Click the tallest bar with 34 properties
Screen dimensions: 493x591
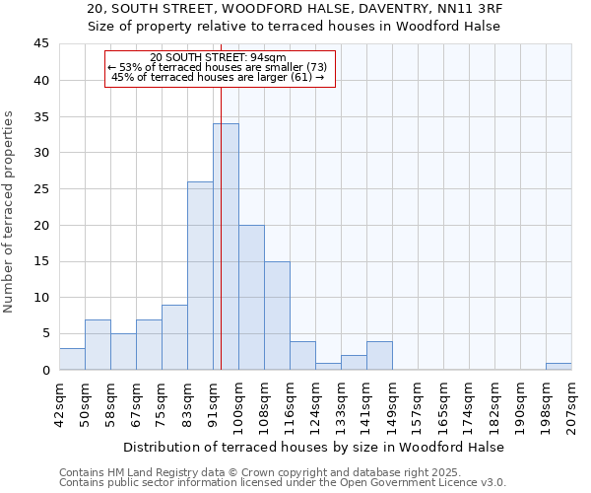coord(226,246)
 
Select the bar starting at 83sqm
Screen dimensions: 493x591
coord(200,276)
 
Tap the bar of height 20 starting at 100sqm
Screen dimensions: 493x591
coord(251,297)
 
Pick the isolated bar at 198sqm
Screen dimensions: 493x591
coord(558,366)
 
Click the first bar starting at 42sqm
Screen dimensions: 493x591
coord(72,359)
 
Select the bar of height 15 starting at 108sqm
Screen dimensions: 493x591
coord(277,316)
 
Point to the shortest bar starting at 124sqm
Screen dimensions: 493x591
coord(328,366)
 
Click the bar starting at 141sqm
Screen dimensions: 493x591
coord(379,355)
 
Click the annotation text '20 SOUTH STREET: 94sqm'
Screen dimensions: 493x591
coord(219,57)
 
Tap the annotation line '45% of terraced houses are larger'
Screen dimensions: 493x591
coord(219,77)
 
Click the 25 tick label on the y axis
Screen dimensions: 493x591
coord(41,189)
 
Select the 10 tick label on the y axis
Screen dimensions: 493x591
coord(41,298)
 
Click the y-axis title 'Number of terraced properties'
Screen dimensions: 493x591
coord(10,212)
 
